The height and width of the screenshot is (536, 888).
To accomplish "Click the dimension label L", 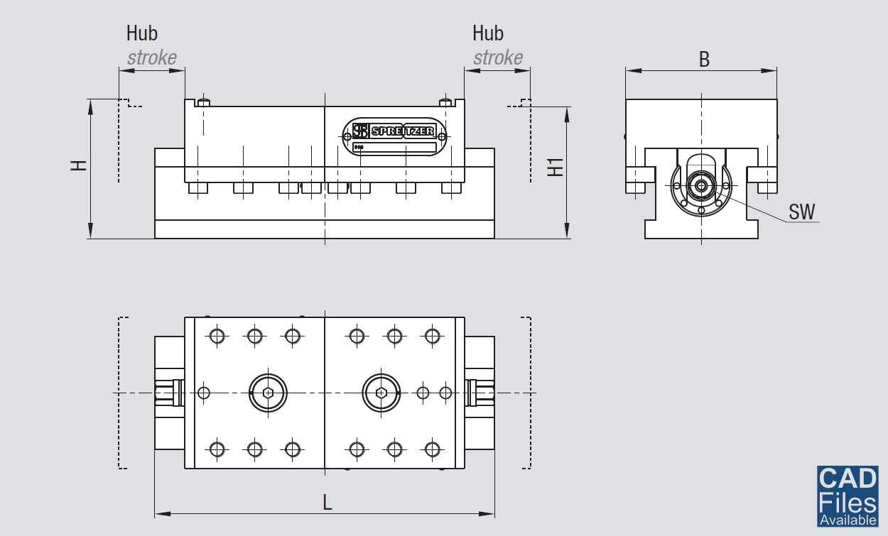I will tap(327, 503).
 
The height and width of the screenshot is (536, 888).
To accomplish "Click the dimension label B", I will tap(704, 60).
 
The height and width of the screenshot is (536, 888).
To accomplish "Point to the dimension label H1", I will tap(556, 167).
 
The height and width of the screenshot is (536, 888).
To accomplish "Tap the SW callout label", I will tap(802, 212).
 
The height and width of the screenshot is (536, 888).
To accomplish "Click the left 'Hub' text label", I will tap(142, 33).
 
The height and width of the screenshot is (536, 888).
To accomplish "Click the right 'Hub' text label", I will tap(488, 33).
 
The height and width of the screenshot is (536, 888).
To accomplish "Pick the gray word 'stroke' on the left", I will tap(152, 58).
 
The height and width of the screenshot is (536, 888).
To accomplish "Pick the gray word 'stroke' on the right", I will tap(498, 58).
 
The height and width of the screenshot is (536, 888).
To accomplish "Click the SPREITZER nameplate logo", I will tap(395, 131).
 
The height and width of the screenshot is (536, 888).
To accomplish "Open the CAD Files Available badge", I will tap(847, 496).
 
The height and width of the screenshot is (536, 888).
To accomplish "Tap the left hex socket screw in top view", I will tap(268, 392).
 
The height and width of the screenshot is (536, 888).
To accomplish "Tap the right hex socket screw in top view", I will tap(381, 392).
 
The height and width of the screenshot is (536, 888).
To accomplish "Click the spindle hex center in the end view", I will tap(702, 186).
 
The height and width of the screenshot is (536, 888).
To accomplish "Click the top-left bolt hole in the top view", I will tap(217, 336).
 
